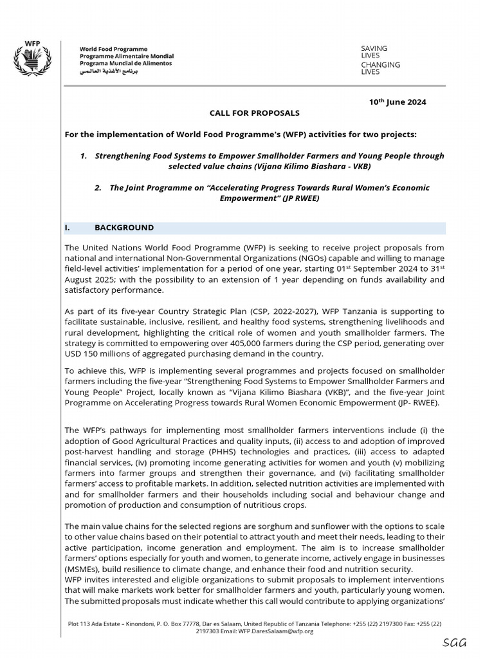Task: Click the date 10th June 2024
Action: click(x=397, y=102)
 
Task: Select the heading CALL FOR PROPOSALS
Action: click(x=254, y=113)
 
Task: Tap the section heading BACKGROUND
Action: click(x=124, y=228)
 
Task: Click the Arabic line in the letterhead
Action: click(x=108, y=71)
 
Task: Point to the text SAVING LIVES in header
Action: click(x=374, y=52)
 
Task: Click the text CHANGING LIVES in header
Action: click(x=380, y=68)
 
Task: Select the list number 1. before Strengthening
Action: click(x=84, y=156)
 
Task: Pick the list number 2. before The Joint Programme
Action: click(x=98, y=188)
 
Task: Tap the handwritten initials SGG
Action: click(x=454, y=643)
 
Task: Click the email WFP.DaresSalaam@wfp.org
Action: click(x=286, y=631)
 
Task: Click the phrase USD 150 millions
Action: click(x=97, y=354)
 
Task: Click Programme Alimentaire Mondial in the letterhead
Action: click(x=126, y=56)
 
